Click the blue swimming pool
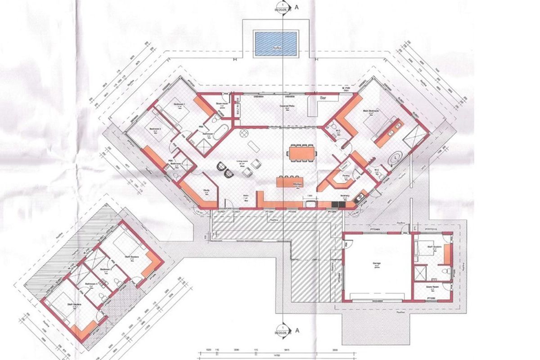(x=277, y=44)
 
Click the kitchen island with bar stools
(x=290, y=182)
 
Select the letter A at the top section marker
(x=297, y=7)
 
